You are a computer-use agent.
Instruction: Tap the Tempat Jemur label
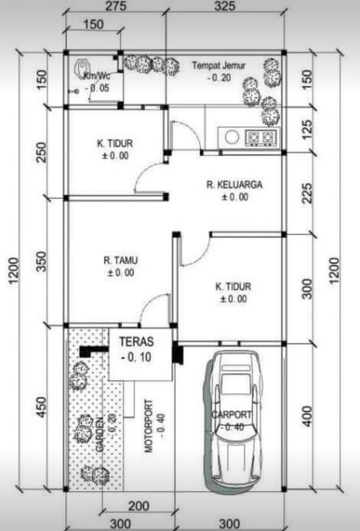218,65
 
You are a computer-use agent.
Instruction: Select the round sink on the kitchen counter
231,137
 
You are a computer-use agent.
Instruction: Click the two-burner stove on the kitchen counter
260,137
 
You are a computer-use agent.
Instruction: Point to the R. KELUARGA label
234,185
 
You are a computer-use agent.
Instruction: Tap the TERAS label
136,342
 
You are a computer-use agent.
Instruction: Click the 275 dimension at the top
114,7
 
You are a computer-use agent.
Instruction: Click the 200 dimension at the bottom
138,506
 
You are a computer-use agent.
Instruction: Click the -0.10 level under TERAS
136,357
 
